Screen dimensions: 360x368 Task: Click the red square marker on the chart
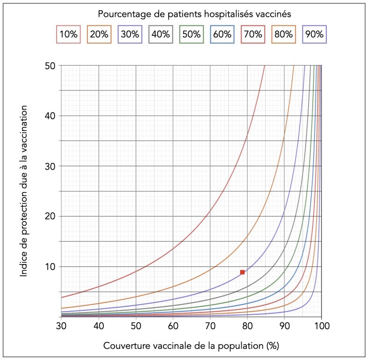click(243, 272)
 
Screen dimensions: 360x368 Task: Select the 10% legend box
click(68, 34)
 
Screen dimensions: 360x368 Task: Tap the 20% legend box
click(99, 34)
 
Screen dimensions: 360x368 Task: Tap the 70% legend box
click(253, 34)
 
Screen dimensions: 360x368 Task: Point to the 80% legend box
click(284, 34)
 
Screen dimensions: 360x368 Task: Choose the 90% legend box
click(314, 34)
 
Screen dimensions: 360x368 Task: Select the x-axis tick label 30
click(61, 325)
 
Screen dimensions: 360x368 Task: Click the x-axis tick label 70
click(210, 325)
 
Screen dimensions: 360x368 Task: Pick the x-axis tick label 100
click(321, 325)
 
